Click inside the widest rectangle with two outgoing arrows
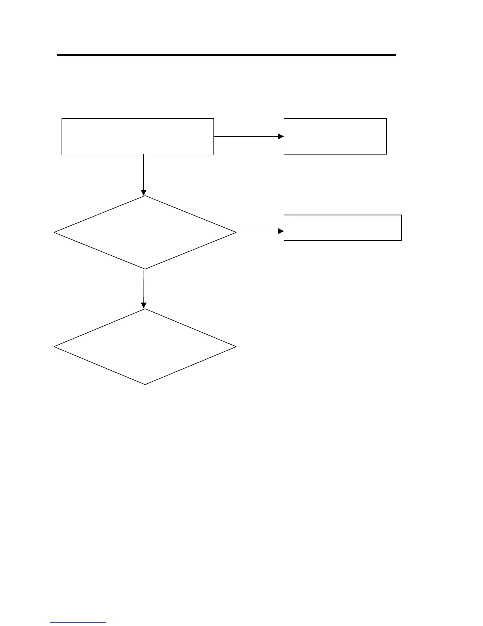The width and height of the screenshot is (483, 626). pyautogui.click(x=138, y=136)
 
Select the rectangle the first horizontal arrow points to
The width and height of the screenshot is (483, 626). pyautogui.click(x=335, y=136)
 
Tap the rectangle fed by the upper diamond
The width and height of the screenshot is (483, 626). pyautogui.click(x=343, y=228)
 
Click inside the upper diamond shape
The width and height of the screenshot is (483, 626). pyautogui.click(x=145, y=232)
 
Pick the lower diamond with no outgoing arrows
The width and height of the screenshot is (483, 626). pyautogui.click(x=145, y=347)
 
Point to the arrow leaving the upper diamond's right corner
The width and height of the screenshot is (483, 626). pyautogui.click(x=258, y=231)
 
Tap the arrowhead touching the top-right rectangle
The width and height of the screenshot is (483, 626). pyautogui.click(x=281, y=136)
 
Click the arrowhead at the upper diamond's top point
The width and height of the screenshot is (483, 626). pyautogui.click(x=144, y=192)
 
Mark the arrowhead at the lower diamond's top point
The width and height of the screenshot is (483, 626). pyautogui.click(x=144, y=305)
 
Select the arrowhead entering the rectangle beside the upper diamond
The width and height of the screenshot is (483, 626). pyautogui.click(x=281, y=231)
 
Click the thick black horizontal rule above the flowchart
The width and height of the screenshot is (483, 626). pyautogui.click(x=226, y=55)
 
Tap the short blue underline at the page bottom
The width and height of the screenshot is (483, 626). pyautogui.click(x=78, y=622)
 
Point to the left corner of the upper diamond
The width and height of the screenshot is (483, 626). pyautogui.click(x=54, y=233)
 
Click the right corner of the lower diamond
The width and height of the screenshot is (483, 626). pyautogui.click(x=236, y=347)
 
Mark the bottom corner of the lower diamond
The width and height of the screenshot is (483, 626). pyautogui.click(x=145, y=384)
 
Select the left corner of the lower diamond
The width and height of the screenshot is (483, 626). pyautogui.click(x=54, y=347)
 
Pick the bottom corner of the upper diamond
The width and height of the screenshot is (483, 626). pyautogui.click(x=144, y=269)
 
